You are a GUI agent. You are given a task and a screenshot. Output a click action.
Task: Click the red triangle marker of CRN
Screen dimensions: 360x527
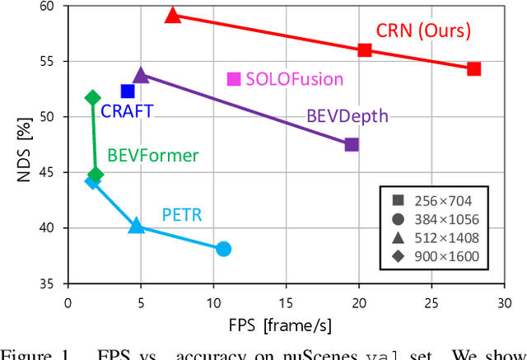point(172,16)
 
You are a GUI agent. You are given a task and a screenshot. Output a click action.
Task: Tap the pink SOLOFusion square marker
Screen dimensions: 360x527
point(234,79)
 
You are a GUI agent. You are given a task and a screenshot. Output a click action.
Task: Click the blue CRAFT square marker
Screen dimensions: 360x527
point(128,91)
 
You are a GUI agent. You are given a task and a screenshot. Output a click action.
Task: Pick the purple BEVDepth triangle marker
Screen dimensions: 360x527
point(141,76)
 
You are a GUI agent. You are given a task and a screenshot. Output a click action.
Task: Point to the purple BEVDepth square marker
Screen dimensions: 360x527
point(352,145)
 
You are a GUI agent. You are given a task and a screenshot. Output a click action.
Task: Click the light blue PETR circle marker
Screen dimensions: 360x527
point(223,249)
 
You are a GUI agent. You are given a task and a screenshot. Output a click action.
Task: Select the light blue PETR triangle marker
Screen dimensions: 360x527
point(137,227)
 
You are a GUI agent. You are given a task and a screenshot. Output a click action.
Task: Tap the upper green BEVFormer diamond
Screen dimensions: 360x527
point(93,98)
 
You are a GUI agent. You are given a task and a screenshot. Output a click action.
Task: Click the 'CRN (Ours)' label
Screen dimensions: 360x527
point(423,31)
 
